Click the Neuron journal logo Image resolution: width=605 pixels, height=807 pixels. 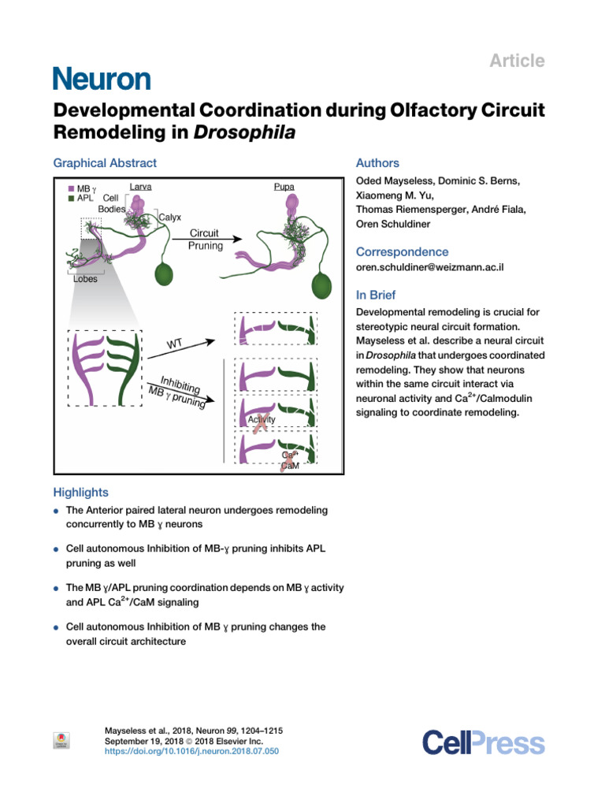point(101,79)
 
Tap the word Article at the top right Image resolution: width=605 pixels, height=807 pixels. point(517,61)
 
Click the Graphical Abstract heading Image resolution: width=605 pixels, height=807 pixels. point(105,163)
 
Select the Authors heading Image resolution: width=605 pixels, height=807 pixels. point(377,163)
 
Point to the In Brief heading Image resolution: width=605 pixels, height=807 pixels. point(377,296)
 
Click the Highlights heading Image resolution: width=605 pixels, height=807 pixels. point(80,493)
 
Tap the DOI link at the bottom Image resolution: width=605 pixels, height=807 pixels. point(191,751)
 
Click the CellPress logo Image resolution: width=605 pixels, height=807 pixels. point(483,742)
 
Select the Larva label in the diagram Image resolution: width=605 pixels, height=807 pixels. point(140,187)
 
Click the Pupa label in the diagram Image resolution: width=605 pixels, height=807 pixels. point(284,187)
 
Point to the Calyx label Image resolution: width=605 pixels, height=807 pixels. point(170,217)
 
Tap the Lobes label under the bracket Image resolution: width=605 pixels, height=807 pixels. point(86,279)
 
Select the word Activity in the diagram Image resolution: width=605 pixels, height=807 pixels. point(262,420)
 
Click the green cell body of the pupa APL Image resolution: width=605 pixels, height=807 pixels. point(321,285)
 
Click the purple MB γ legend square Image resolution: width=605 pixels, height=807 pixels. point(71,189)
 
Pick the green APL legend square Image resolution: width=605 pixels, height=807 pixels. point(71,199)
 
